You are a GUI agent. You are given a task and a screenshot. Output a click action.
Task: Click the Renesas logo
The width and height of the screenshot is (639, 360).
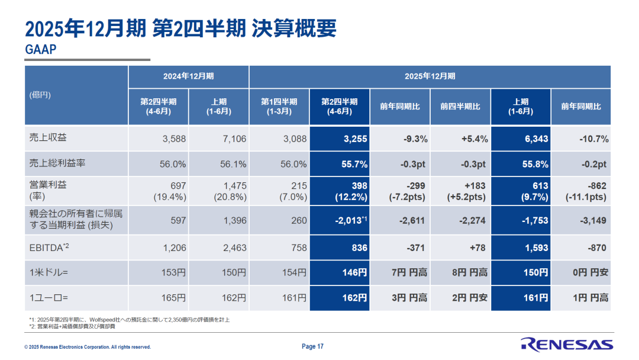click(567, 345)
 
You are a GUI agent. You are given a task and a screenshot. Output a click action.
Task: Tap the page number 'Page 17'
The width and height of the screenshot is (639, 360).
click(312, 346)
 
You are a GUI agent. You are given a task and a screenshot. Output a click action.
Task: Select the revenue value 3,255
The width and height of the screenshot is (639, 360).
click(356, 139)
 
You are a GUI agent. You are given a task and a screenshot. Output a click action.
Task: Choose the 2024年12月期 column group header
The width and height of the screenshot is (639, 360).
click(188, 76)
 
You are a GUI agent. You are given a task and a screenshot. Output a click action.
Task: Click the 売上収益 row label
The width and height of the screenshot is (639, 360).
click(48, 137)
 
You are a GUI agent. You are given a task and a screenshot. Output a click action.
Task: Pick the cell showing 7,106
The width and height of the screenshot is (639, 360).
click(234, 139)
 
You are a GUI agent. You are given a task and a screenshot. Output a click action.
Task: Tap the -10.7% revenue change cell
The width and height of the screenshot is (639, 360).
click(594, 139)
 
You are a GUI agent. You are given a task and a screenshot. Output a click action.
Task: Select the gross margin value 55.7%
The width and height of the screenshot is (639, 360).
click(354, 164)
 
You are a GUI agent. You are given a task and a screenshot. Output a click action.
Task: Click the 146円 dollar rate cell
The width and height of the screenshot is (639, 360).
click(354, 273)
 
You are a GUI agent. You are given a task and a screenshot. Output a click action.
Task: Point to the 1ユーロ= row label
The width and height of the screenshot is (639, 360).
click(49, 298)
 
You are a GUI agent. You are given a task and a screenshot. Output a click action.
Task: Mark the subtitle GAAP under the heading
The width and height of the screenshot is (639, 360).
click(41, 49)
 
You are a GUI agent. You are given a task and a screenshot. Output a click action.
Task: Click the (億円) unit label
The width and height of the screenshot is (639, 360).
click(40, 95)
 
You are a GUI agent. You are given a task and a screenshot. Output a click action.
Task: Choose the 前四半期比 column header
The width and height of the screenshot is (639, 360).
click(460, 107)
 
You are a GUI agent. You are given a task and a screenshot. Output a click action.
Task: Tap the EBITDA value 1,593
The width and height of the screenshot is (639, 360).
click(536, 248)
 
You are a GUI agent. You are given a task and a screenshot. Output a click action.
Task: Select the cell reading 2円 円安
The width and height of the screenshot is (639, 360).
click(469, 298)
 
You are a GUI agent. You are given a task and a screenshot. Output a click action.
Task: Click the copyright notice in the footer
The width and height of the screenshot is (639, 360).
click(88, 348)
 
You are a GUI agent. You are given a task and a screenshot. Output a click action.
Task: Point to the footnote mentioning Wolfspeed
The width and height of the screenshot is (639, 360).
click(129, 320)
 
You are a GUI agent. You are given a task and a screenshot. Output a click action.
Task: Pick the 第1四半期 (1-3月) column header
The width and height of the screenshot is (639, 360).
click(279, 107)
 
